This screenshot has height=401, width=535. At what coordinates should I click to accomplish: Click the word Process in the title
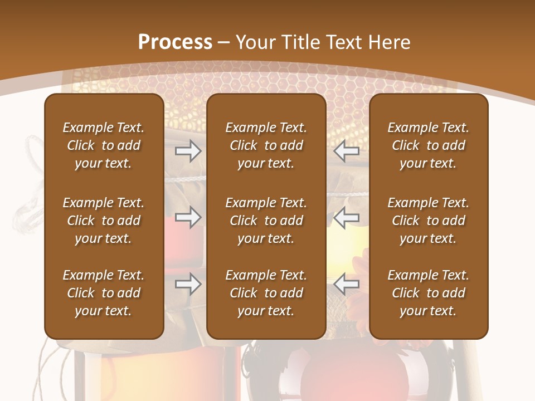[x=175, y=42]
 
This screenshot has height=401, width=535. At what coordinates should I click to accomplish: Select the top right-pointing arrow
[x=188, y=151]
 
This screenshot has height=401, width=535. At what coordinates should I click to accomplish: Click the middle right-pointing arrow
[x=188, y=217]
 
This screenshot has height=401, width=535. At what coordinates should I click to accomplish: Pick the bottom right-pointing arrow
[x=188, y=284]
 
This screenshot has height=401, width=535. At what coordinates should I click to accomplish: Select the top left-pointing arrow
[x=347, y=151]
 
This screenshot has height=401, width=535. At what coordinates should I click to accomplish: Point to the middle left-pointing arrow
[x=347, y=217]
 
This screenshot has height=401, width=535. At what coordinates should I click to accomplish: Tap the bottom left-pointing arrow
[x=347, y=284]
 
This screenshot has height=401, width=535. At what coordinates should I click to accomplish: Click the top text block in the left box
[x=104, y=145]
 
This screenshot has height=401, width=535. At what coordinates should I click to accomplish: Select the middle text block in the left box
[x=104, y=221]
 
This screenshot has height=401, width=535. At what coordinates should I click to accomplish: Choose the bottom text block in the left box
[x=104, y=293]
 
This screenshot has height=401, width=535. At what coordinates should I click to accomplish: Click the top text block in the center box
[x=266, y=145]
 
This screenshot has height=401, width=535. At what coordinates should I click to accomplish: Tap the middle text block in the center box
[x=266, y=221]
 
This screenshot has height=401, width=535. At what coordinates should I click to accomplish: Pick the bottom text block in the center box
[x=266, y=293]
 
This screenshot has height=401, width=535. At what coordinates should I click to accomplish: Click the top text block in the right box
[x=429, y=145]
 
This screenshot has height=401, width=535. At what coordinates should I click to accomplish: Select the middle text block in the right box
[x=429, y=221]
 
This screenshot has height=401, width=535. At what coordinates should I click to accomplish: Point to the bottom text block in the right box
[x=429, y=293]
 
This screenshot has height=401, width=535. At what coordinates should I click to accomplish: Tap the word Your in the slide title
[x=254, y=42]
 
